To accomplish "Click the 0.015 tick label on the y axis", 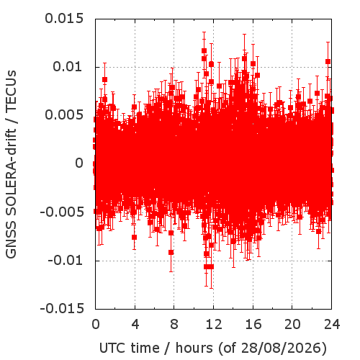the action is point(64,19).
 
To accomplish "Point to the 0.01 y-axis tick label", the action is point(68,66).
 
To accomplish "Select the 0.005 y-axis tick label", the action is point(64,115).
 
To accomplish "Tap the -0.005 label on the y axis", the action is point(62,212).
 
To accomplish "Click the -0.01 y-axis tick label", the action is point(66,260).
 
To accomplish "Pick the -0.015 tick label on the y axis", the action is point(62,308).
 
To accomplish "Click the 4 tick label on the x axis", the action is point(135,324).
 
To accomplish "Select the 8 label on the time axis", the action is point(174,324).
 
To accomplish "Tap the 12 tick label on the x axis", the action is point(214,324).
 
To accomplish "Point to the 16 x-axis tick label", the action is point(253,324).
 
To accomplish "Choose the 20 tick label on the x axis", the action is point(292,324).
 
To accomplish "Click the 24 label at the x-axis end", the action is point(332,324).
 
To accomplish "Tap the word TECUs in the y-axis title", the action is point(11,90).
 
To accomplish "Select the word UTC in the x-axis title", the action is point(112,348).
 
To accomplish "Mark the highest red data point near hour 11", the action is point(204,50).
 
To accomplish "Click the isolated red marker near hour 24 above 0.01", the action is point(328,61).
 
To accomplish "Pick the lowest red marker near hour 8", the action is point(171,252).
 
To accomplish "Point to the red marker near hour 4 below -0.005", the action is point(134,237).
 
